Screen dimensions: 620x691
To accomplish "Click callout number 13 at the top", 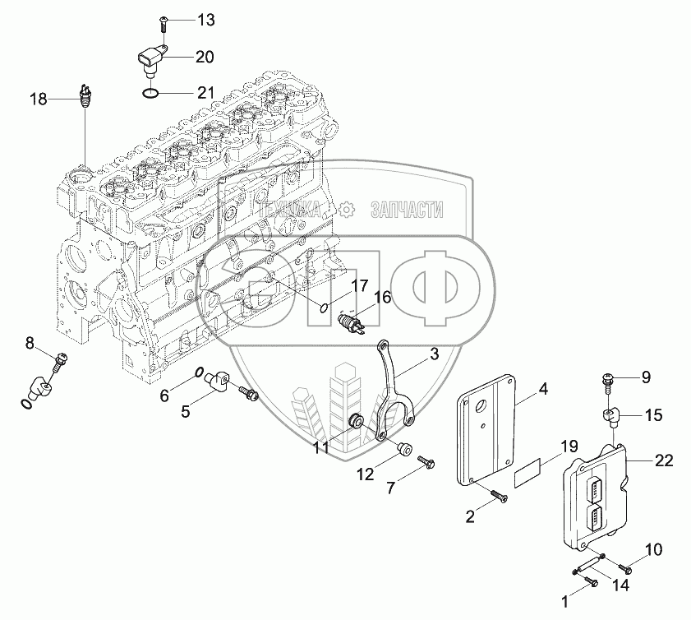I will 205,18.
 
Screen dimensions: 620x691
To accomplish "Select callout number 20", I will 205,57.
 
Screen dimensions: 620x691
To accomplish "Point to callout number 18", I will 39,99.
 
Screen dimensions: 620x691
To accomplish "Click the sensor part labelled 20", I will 151,58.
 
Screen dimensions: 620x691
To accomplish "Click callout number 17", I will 359,285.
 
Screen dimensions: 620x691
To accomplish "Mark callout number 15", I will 652,416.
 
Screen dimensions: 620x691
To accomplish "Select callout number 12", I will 364,474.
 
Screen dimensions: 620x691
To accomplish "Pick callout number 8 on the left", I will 30,342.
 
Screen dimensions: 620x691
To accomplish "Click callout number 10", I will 652,548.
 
